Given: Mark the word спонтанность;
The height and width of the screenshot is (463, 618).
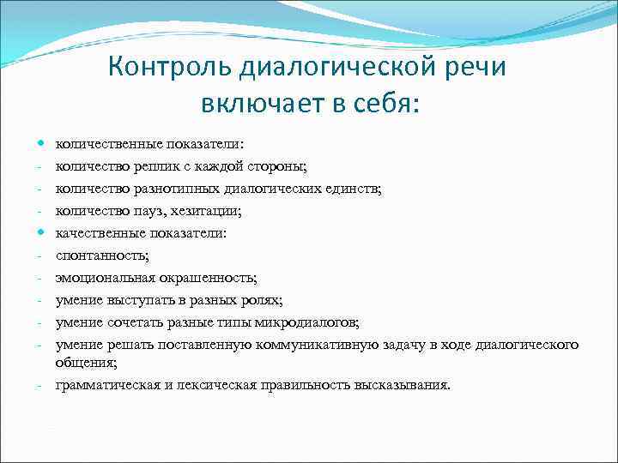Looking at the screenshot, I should tap(102, 255).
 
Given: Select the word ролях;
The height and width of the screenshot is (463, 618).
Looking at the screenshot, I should tap(261, 299).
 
